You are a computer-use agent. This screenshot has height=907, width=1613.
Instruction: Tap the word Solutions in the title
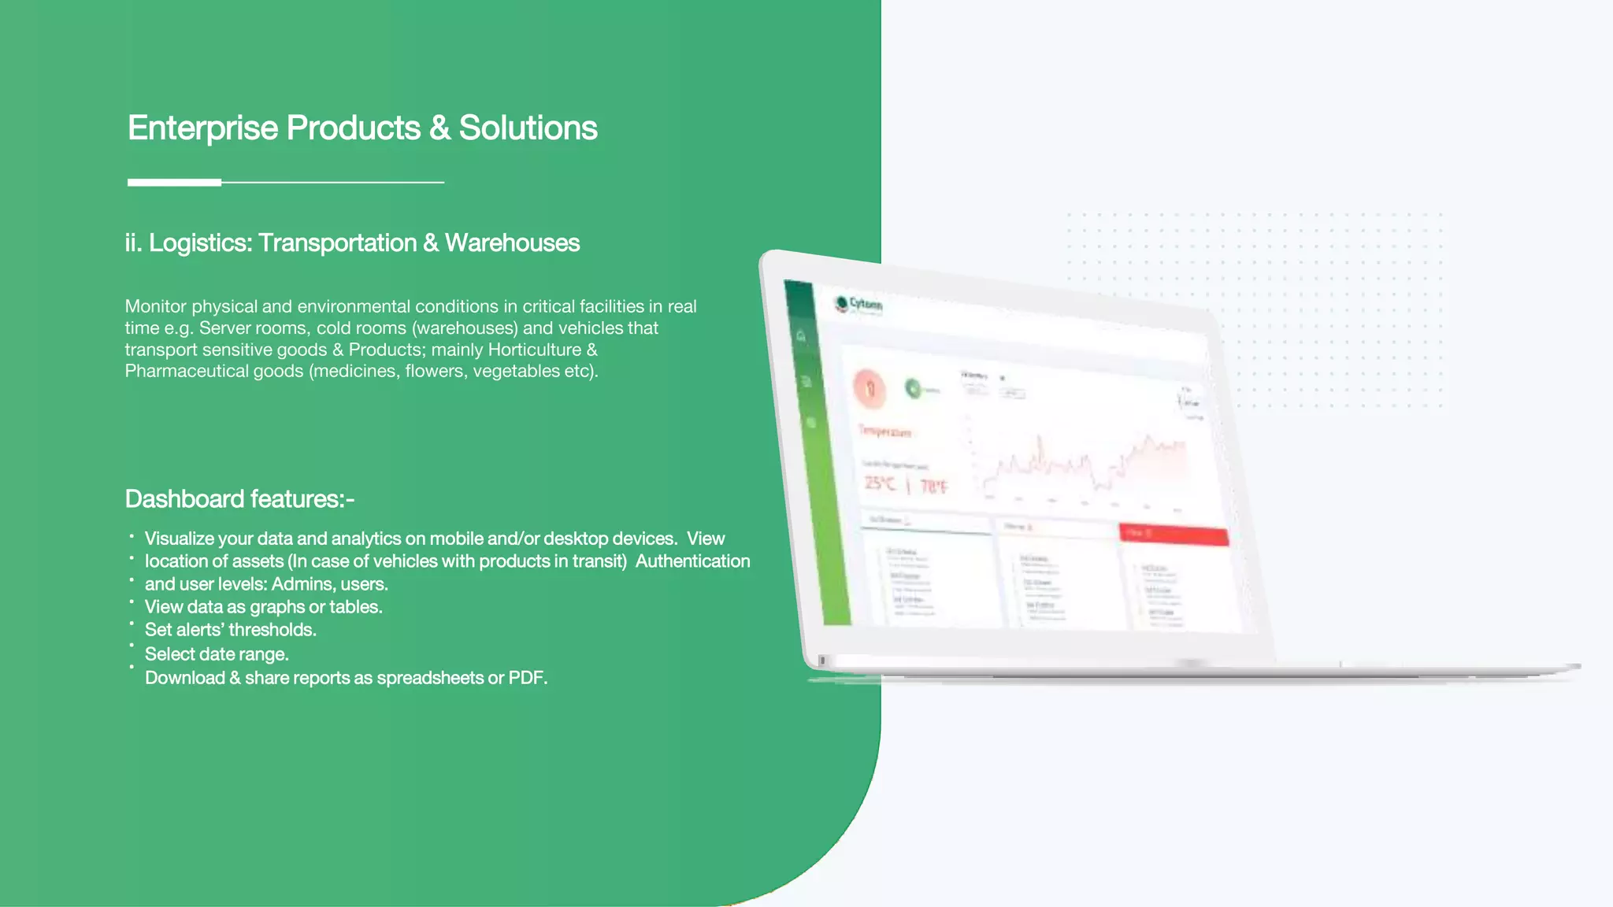(528, 128)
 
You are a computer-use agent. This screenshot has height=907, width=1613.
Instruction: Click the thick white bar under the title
(174, 182)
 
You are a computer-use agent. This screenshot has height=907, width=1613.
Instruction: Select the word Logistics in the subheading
(200, 243)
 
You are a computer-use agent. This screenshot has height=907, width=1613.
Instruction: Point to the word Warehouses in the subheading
(512, 243)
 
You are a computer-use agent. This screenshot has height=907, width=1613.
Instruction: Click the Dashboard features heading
(239, 499)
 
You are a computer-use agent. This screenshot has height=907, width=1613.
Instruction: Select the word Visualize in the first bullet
(180, 539)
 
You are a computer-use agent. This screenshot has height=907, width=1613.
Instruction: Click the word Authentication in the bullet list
(692, 561)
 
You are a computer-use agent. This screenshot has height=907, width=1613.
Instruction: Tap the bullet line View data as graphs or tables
(263, 607)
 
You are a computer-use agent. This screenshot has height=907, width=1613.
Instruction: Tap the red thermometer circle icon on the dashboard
(870, 388)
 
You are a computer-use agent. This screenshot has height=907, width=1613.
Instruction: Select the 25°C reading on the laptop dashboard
(880, 483)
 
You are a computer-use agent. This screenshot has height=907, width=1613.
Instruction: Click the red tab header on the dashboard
(1173, 535)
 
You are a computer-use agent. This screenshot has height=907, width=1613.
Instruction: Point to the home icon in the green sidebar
(801, 336)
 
